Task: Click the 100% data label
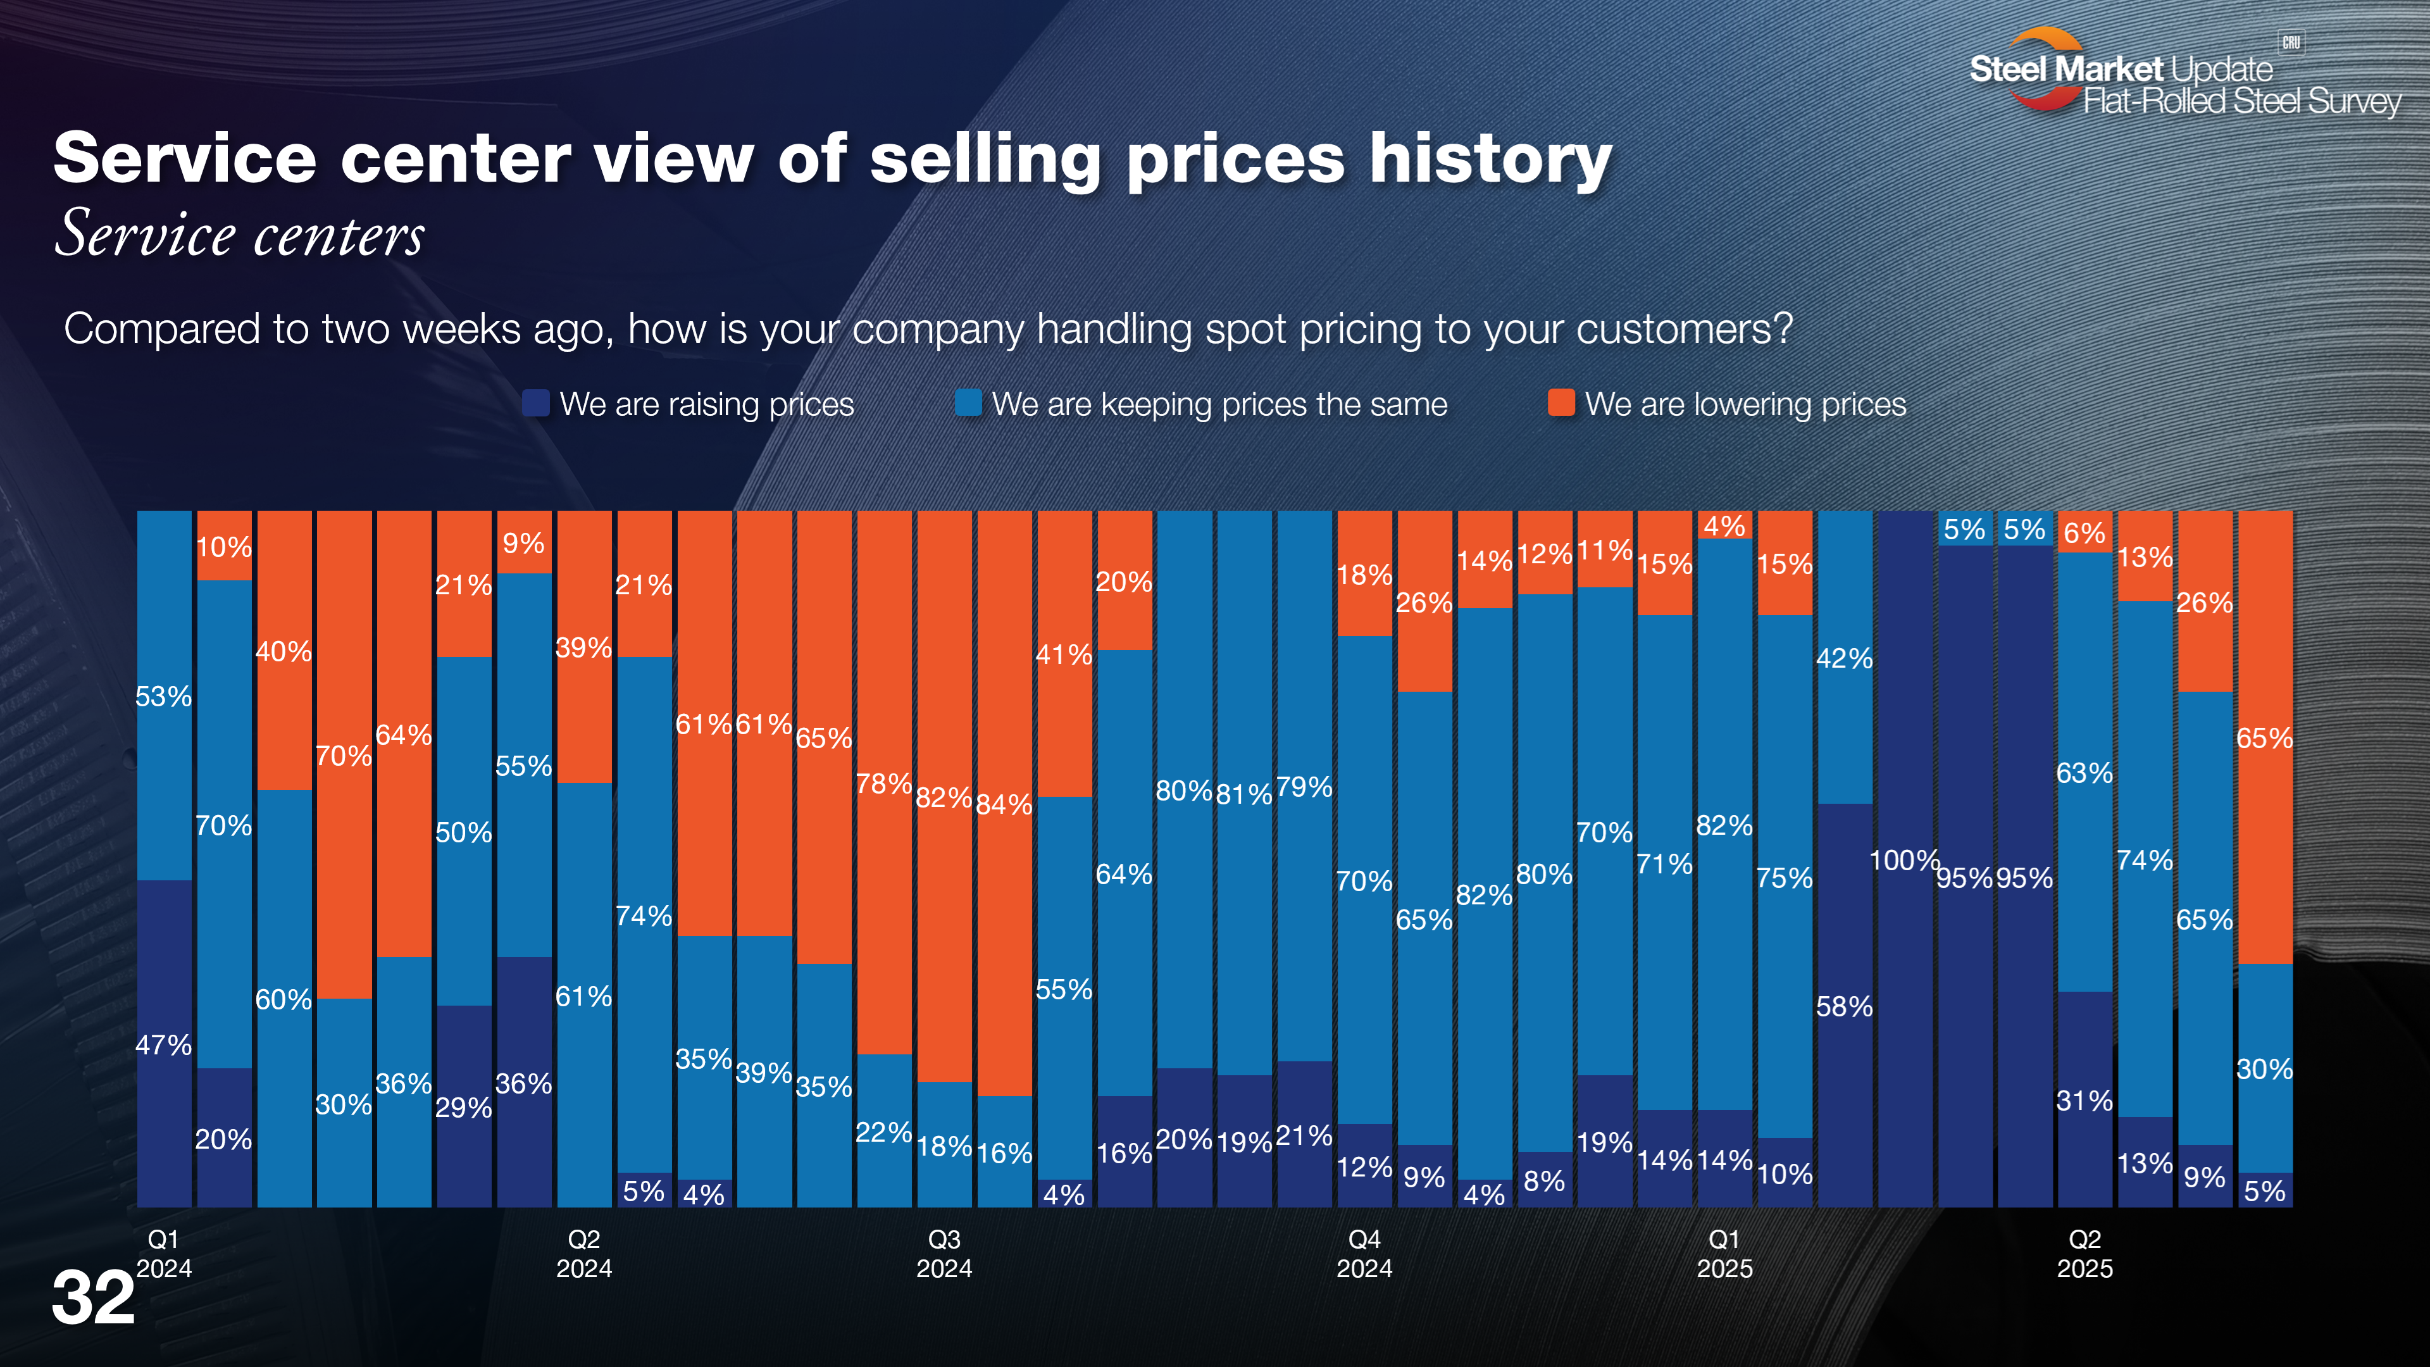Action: (1903, 861)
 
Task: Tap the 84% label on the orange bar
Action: (1004, 805)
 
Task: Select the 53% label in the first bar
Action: (163, 697)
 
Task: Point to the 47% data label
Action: (163, 1046)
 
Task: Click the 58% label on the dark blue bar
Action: (1844, 1007)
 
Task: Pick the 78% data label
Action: (884, 784)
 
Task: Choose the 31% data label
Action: (2084, 1101)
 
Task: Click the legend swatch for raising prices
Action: (536, 404)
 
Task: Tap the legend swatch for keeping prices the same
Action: (968, 404)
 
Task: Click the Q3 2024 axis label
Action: (944, 1254)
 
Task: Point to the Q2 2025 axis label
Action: (2084, 1254)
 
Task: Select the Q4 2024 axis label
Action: (1364, 1254)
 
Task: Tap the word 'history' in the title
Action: (1490, 158)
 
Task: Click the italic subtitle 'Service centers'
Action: (240, 234)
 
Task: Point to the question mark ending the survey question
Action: (1782, 328)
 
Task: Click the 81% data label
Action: (1244, 794)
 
